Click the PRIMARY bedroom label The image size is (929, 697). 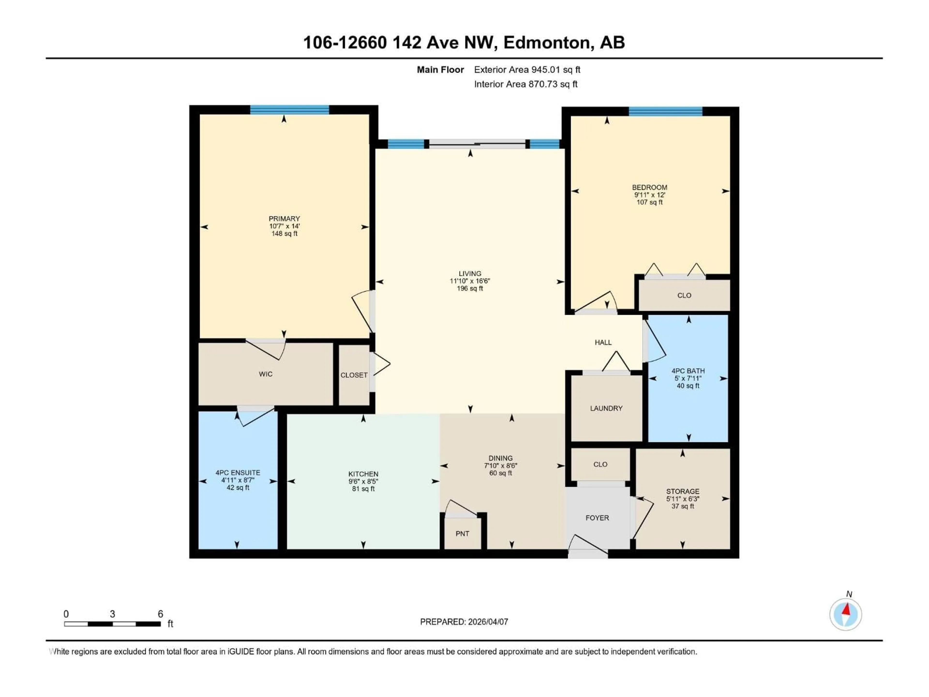284,219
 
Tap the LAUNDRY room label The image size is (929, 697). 606,408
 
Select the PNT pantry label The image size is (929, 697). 462,534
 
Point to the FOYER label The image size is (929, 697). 597,518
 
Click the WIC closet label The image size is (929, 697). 265,374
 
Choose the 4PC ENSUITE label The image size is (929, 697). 238,473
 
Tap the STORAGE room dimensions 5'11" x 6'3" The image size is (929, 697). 682,499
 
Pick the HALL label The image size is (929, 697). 603,342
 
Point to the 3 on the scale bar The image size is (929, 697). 112,614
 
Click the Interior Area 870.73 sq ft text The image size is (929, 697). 525,84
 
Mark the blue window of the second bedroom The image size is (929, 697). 665,111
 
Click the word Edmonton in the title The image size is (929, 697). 548,42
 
